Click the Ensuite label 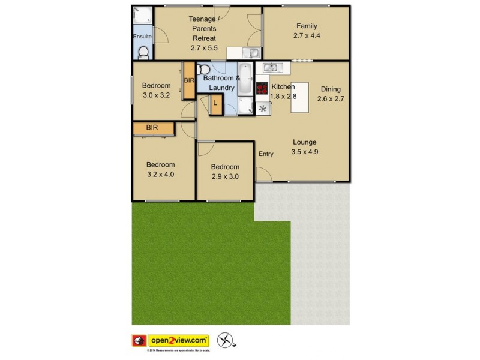142,37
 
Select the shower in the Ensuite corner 142,14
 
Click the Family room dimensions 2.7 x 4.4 306,36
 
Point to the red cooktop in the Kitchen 262,88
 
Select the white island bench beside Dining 300,97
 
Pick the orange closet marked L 216,104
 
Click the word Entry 266,154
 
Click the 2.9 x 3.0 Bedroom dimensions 225,176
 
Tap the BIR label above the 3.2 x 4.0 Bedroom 152,128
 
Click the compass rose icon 224,341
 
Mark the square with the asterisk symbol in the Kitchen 263,109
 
